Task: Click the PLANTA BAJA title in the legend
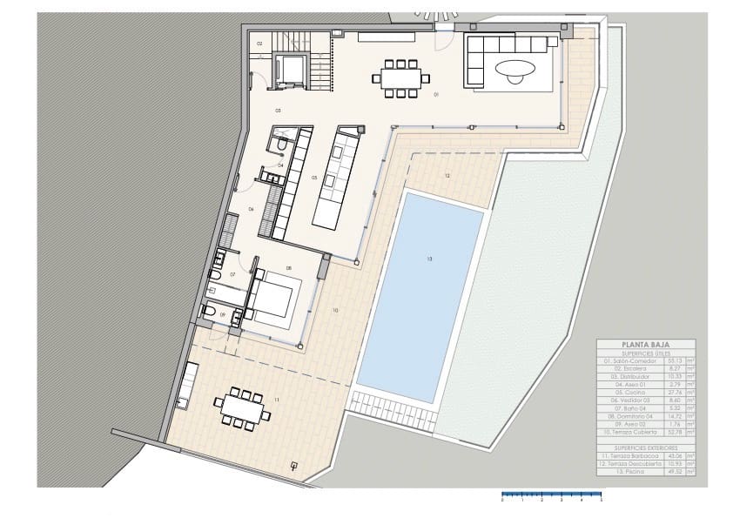[645, 344]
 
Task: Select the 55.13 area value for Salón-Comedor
[671, 360]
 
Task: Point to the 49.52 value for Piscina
[671, 473]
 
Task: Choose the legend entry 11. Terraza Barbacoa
[625, 455]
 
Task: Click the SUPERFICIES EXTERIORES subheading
[645, 445]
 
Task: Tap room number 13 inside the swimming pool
[428, 259]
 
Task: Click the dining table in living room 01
[401, 77]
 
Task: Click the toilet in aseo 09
[210, 313]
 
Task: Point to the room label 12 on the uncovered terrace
[447, 176]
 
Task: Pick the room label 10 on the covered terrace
[334, 310]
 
